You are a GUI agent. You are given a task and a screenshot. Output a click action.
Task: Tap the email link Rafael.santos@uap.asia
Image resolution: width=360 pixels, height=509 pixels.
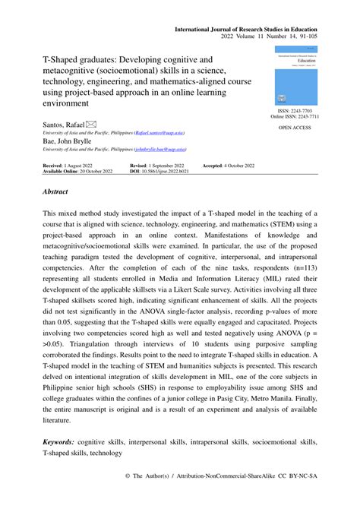pos(162,132)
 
